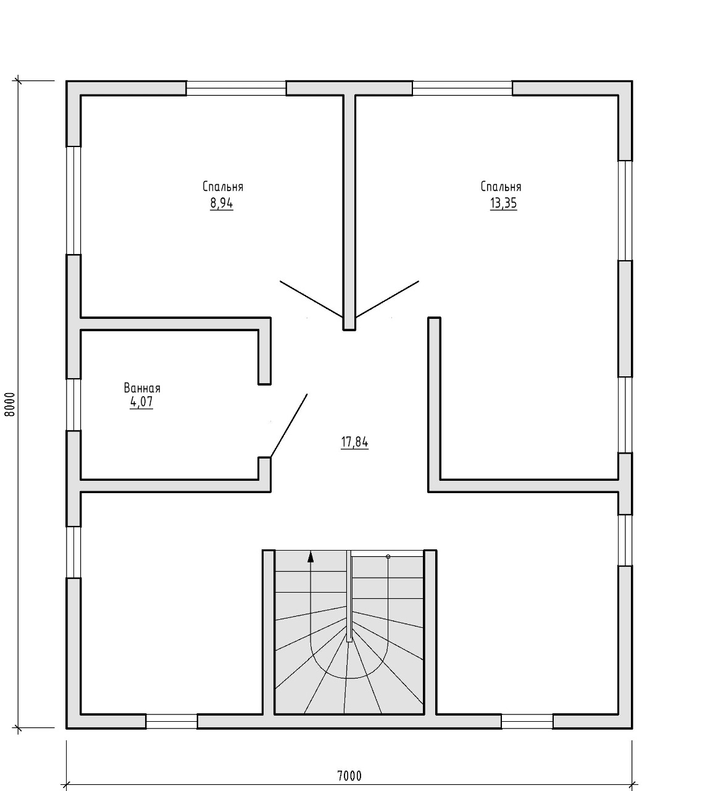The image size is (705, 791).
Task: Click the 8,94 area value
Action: coord(222,203)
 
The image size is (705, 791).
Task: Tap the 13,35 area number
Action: coord(503,203)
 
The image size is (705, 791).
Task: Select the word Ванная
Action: coord(142,387)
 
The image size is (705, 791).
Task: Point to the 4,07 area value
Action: coord(141,401)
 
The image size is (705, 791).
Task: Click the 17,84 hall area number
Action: coord(354,442)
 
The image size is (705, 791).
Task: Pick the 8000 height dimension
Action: coord(10,404)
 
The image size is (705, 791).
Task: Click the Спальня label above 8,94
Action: coord(223,187)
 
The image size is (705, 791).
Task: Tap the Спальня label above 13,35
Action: coord(501,187)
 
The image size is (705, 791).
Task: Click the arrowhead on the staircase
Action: coord(311,557)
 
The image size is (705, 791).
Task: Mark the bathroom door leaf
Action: coord(289,425)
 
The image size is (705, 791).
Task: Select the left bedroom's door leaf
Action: coord(311,299)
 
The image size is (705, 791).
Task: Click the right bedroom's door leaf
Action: coord(387,299)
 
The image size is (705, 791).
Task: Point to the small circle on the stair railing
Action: coord(388,557)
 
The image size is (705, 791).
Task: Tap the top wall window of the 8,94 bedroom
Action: coord(236,88)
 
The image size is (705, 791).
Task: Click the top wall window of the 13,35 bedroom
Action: coord(462,88)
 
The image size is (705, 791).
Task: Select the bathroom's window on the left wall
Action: coord(73,405)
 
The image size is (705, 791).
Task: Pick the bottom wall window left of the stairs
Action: coord(172,722)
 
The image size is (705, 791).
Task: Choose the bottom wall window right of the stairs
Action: coord(527,722)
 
